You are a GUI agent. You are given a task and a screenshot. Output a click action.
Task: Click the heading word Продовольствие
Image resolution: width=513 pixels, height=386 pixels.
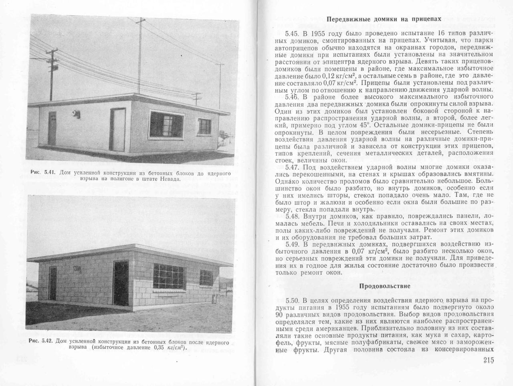(x=384, y=286)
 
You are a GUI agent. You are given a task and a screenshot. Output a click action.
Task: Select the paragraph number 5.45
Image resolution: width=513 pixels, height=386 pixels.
(x=291, y=33)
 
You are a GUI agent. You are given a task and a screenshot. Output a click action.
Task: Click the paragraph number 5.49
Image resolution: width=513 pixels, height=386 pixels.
(x=291, y=244)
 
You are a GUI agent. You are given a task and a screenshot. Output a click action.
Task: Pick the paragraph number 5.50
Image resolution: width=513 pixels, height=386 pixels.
(x=291, y=301)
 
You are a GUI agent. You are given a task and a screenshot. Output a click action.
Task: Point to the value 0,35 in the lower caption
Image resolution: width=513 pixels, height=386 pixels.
(x=159, y=348)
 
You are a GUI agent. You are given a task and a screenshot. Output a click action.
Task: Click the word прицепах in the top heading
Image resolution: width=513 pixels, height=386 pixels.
(x=426, y=19)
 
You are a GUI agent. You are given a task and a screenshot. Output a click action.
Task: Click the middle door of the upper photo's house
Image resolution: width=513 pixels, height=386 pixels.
(x=117, y=129)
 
